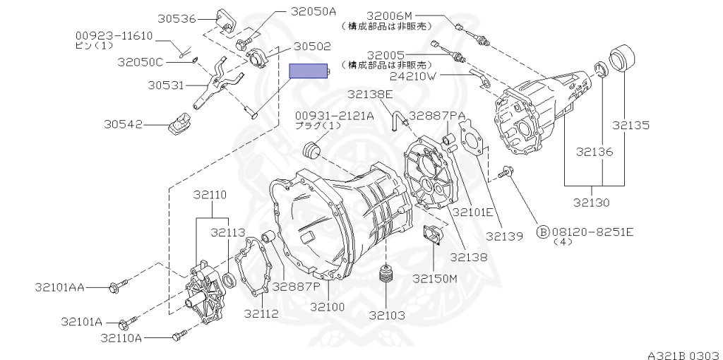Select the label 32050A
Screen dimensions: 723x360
pos(294,11)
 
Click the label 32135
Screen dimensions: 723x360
pos(631,126)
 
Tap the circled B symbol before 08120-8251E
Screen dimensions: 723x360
pos(543,231)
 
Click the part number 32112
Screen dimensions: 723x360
pos(261,313)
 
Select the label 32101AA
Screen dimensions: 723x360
pos(59,287)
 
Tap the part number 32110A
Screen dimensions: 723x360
pos(121,338)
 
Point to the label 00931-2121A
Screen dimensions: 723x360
pos(334,115)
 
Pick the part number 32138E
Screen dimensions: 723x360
pos(370,94)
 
